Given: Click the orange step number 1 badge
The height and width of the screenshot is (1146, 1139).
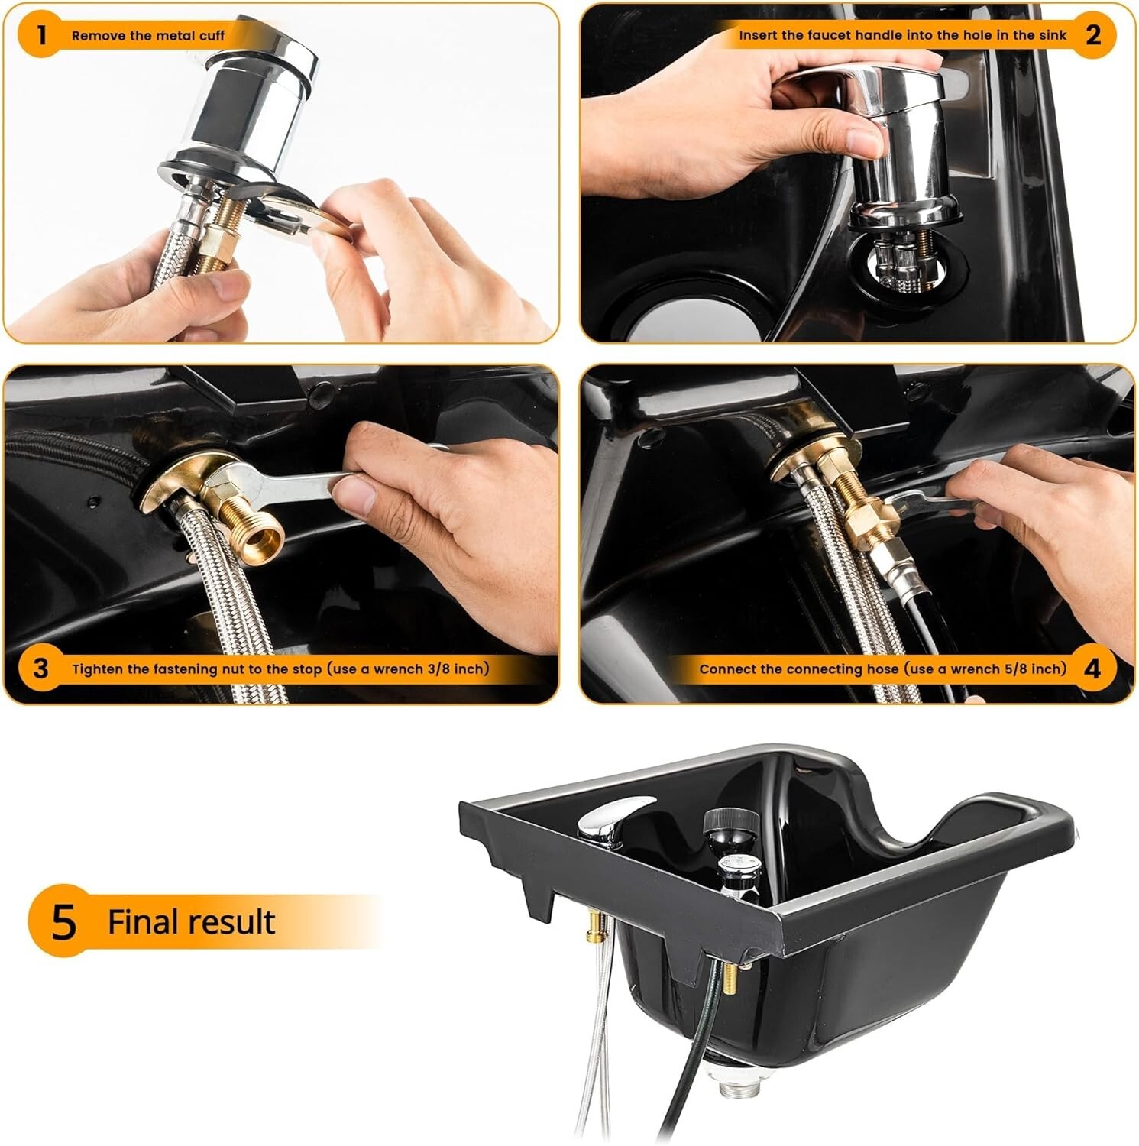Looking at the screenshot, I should coord(41,34).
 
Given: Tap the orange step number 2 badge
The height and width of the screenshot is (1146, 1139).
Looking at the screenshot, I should coord(1092,34).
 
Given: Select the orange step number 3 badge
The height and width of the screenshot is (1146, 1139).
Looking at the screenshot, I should coord(41,668).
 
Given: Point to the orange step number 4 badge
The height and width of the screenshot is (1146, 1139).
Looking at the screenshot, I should coord(1092,668).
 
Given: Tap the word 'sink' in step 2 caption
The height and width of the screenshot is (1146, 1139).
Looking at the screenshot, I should coord(1052,36).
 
